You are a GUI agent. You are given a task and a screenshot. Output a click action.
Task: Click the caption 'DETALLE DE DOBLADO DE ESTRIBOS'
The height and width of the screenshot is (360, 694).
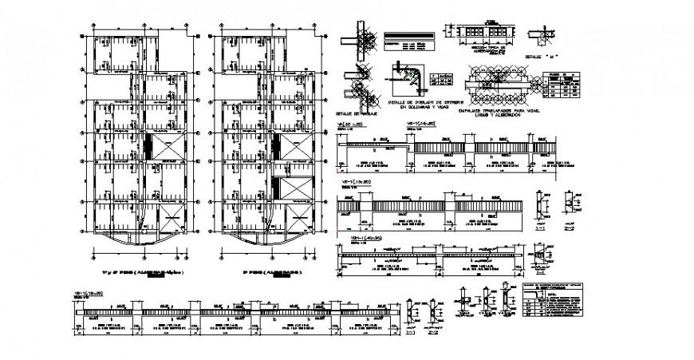425,103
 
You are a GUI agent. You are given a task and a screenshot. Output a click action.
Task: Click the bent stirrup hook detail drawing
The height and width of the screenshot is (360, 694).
406,80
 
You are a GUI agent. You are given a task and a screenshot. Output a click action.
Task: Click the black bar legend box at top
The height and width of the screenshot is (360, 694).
409,38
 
